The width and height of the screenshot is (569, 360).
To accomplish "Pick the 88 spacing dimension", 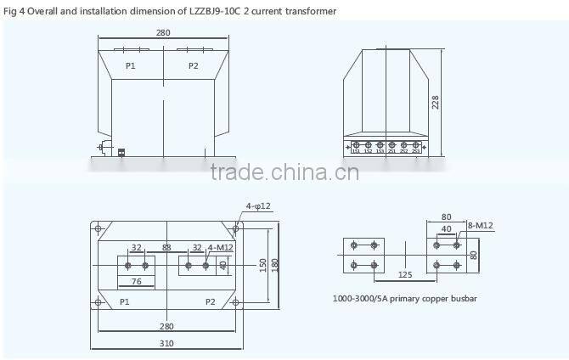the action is pos(166,248).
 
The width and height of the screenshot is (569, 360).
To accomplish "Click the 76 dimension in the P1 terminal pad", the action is pos(136,282).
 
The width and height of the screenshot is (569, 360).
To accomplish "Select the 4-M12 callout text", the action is pos(220,248).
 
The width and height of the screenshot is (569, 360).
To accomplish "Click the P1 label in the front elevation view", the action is pos(130,65).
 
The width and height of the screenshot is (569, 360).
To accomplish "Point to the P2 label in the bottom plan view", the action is pos(211,301).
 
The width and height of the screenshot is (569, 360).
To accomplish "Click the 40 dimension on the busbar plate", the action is pos(447,228).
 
